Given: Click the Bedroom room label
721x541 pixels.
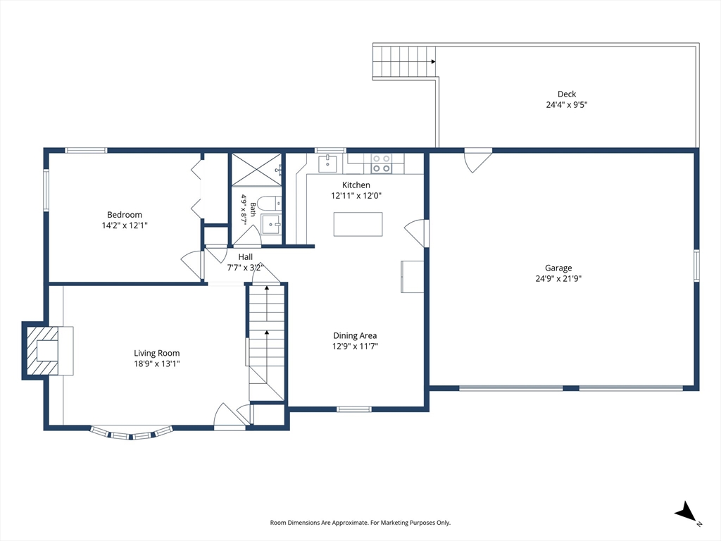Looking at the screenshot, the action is click(x=124, y=215).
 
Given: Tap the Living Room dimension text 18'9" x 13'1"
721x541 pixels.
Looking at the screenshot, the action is click(x=156, y=364).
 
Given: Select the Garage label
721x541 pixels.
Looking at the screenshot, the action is click(x=558, y=268).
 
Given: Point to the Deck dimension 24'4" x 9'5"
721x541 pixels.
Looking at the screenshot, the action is click(x=567, y=104).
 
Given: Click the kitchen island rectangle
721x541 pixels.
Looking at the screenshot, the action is click(x=358, y=224).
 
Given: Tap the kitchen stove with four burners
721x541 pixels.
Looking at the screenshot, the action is click(x=381, y=163).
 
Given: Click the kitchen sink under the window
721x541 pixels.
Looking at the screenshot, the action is click(x=327, y=163).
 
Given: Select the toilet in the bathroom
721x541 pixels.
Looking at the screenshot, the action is click(x=269, y=203).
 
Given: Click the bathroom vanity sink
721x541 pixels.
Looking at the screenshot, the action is click(x=271, y=224).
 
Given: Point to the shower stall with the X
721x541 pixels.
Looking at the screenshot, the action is click(x=256, y=170).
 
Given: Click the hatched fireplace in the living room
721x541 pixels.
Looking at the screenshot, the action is click(x=42, y=351).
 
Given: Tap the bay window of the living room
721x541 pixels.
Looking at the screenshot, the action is click(x=131, y=434).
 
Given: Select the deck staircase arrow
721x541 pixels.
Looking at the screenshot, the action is click(x=433, y=61).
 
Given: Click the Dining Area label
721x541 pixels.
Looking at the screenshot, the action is click(x=355, y=336).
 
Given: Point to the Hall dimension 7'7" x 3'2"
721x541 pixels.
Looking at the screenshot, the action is click(x=245, y=268).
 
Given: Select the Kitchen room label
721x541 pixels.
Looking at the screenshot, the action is click(x=356, y=185).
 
